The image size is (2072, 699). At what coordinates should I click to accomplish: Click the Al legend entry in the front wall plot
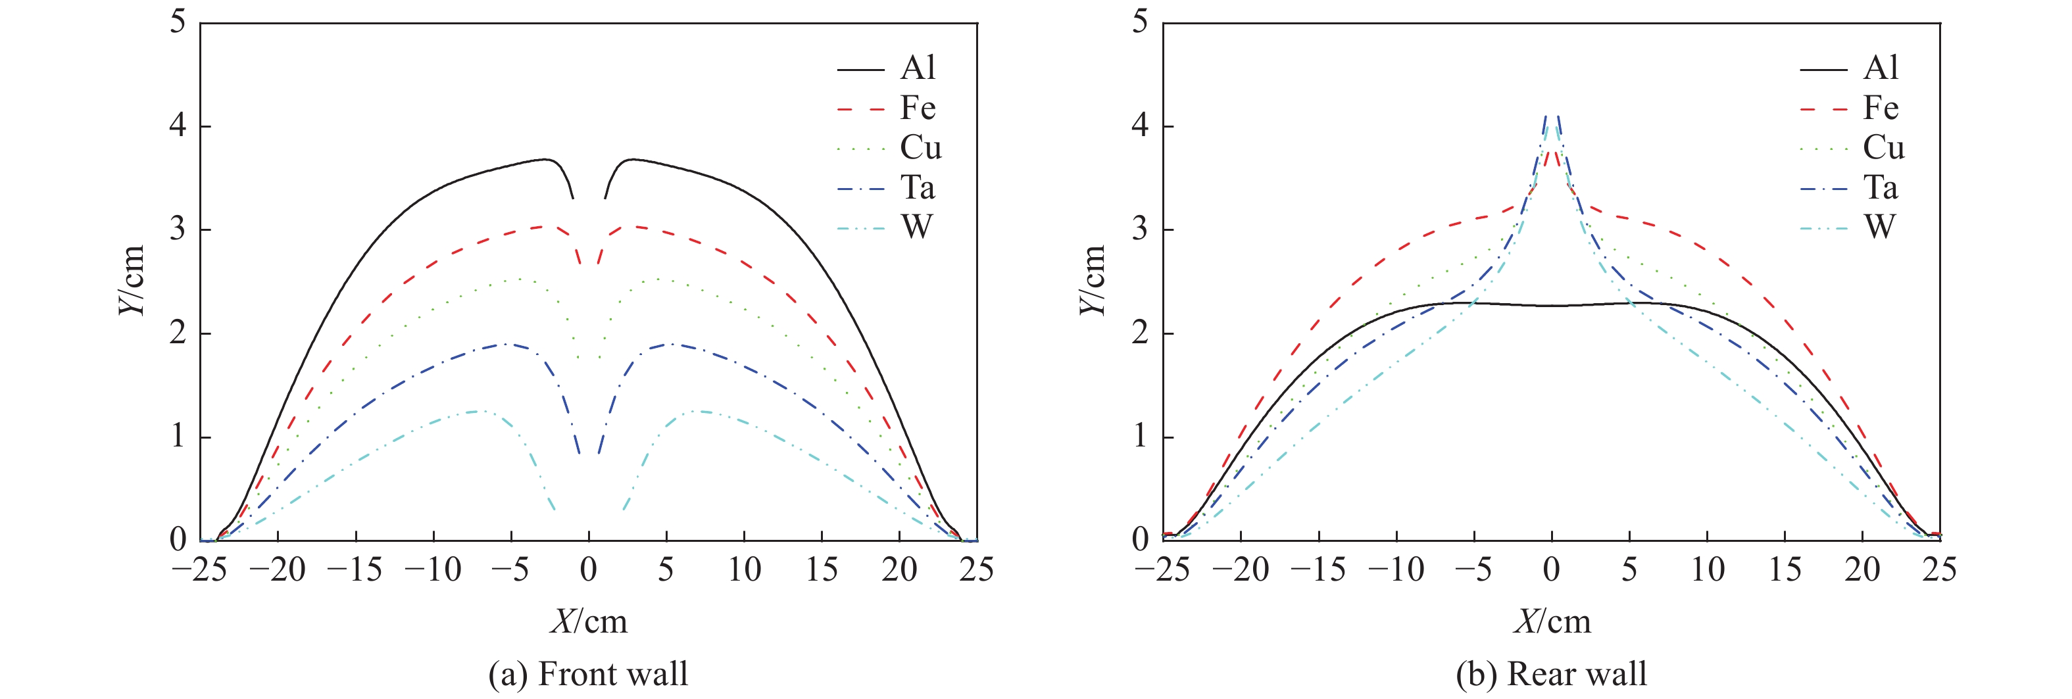pos(918,68)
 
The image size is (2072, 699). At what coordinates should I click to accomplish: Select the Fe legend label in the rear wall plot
pos(1881,108)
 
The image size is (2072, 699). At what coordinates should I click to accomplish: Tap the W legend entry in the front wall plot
pos(917,228)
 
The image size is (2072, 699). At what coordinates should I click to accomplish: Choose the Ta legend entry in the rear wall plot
pos(1881,187)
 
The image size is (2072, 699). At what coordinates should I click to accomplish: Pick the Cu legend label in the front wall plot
pos(920,147)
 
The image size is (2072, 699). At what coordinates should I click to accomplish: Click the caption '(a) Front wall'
pos(588,673)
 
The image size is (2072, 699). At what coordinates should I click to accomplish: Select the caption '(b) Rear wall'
pos(1551,673)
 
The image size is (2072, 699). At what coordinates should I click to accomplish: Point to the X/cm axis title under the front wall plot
pos(588,621)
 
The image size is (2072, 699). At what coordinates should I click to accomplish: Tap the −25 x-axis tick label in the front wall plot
pos(199,570)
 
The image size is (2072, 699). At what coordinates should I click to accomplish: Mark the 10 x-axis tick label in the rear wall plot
pos(1707,570)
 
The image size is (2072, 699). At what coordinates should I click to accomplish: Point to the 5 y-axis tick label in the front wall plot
pos(178,22)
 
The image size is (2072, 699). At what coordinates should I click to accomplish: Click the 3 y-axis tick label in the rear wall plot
pos(1140,229)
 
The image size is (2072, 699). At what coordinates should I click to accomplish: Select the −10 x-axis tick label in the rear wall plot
pos(1396,570)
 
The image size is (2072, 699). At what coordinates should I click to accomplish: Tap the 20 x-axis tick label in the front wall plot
pos(899,570)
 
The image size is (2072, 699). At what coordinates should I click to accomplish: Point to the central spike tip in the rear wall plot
pos(1552,116)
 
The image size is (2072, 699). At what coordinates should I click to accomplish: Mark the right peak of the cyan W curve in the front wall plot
pos(698,411)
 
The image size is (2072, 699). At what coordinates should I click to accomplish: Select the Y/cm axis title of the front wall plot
pos(130,280)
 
